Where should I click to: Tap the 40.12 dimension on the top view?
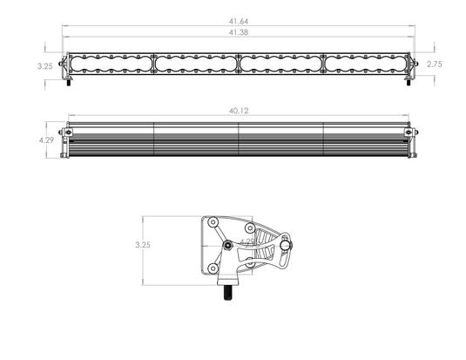coord(239,111)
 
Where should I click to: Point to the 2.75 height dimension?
coord(448,65)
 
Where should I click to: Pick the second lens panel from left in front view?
coord(196,65)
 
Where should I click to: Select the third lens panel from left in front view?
coord(280,65)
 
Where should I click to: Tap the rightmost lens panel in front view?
coord(365,65)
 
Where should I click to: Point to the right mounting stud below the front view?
coord(410,84)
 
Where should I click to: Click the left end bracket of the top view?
coord(64,139)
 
